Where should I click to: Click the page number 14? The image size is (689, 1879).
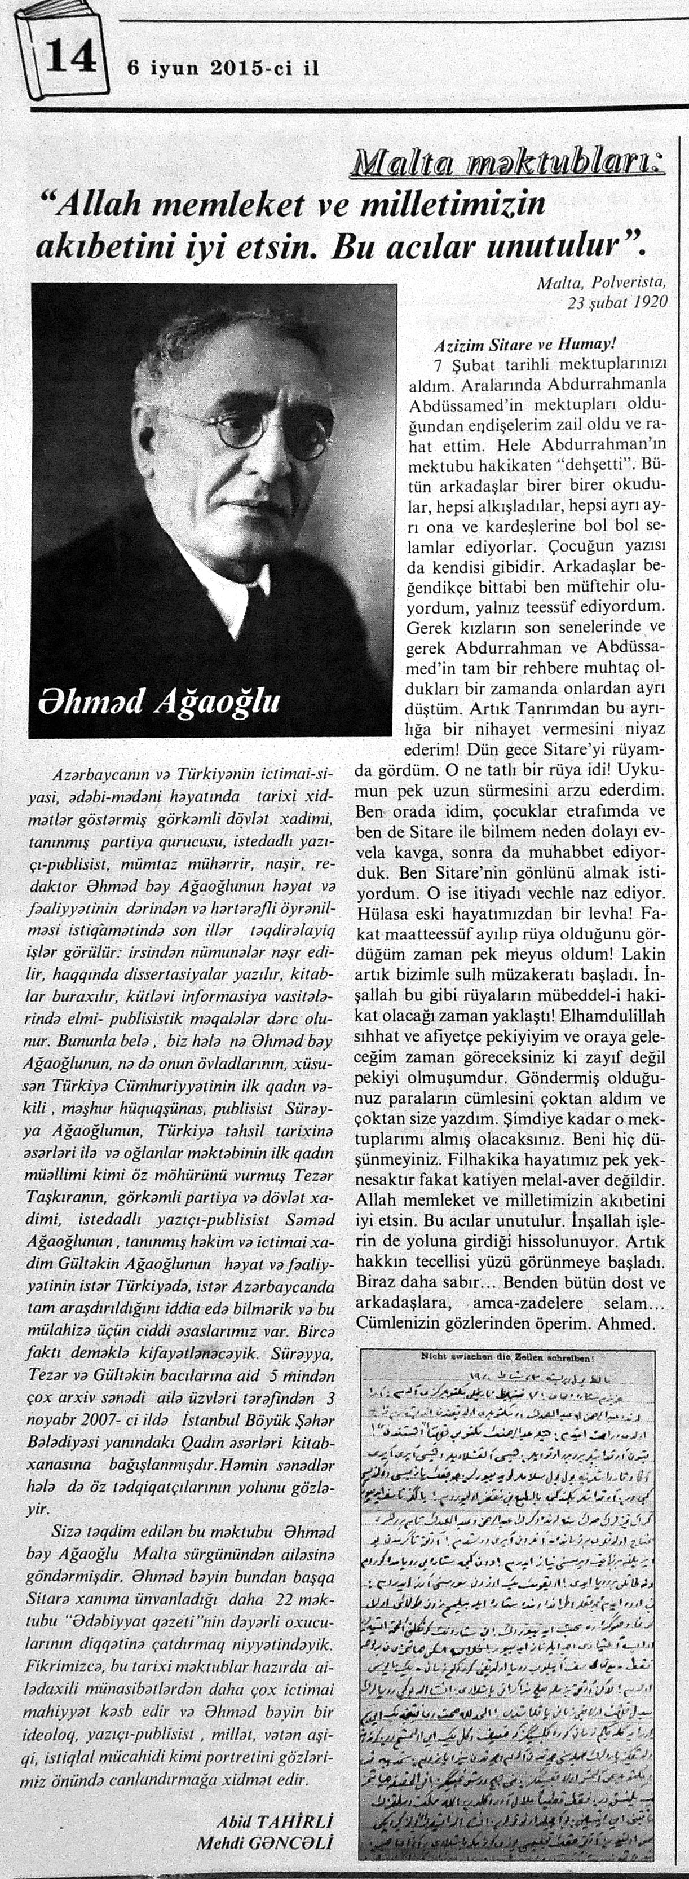pyautogui.click(x=70, y=55)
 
